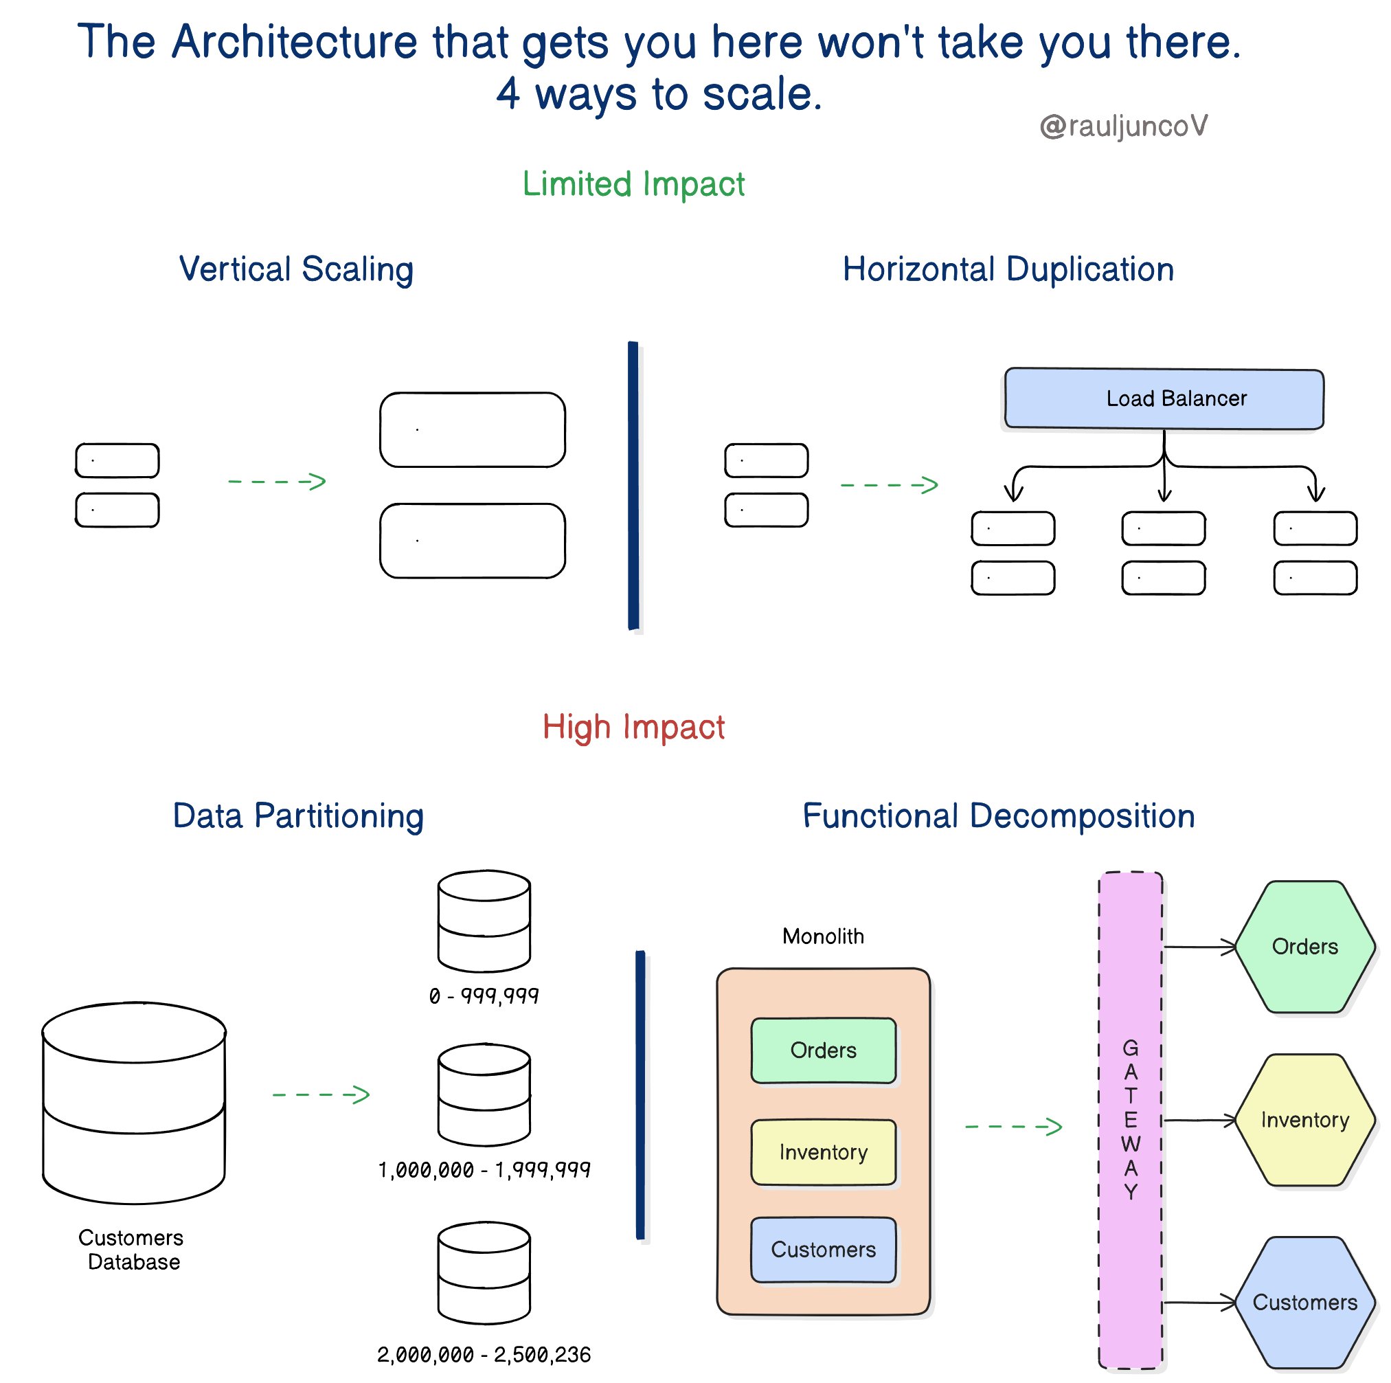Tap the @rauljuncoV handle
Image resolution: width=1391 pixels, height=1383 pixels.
pyautogui.click(x=1122, y=126)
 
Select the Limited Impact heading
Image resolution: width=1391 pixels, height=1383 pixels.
pyautogui.click(x=633, y=184)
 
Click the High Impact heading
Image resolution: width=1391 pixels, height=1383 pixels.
pyautogui.click(x=633, y=726)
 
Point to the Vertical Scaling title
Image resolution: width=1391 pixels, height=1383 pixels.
pyautogui.click(x=296, y=269)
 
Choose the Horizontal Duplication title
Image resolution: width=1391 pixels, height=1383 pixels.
pyautogui.click(x=1007, y=269)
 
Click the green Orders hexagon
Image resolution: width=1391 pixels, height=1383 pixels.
pyautogui.click(x=1304, y=946)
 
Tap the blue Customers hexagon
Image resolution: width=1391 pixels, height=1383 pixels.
pyautogui.click(x=1304, y=1302)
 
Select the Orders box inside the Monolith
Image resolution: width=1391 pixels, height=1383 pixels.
pyautogui.click(x=823, y=1050)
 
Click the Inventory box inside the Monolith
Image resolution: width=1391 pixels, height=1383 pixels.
pyautogui.click(x=823, y=1152)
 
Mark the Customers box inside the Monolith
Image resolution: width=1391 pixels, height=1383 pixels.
pyautogui.click(x=823, y=1249)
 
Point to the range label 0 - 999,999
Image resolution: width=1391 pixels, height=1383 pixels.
pyautogui.click(x=484, y=996)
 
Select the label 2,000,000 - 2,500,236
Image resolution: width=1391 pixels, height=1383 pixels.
pyautogui.click(x=484, y=1355)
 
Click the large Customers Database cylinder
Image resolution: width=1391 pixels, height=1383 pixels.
pyautogui.click(x=134, y=1101)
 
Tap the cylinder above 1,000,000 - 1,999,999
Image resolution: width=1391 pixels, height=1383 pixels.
pyautogui.click(x=484, y=1094)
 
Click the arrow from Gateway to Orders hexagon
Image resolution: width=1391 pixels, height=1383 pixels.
pyautogui.click(x=1199, y=947)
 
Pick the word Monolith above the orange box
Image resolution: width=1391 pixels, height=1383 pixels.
pyautogui.click(x=823, y=936)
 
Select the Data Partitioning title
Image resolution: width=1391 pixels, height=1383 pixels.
pyautogui.click(x=298, y=816)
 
